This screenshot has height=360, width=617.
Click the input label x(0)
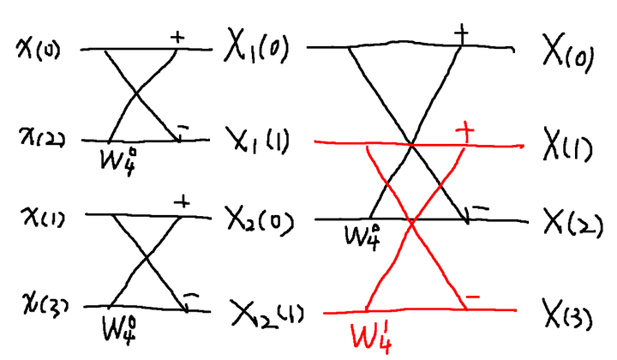(x=39, y=49)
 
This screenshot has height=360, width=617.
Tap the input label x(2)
(x=43, y=138)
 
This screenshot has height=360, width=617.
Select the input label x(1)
(x=44, y=216)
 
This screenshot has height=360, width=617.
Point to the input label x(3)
(x=45, y=305)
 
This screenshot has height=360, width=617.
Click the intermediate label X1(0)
(x=256, y=46)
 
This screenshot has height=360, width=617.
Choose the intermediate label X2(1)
(x=267, y=314)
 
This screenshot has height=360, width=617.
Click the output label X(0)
(x=568, y=52)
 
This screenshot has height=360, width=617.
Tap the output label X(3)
(x=567, y=314)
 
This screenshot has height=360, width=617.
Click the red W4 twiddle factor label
(x=371, y=336)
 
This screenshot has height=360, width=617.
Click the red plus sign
(x=465, y=131)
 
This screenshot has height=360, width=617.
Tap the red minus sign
(x=472, y=297)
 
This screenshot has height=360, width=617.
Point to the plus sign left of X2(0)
(x=182, y=202)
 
